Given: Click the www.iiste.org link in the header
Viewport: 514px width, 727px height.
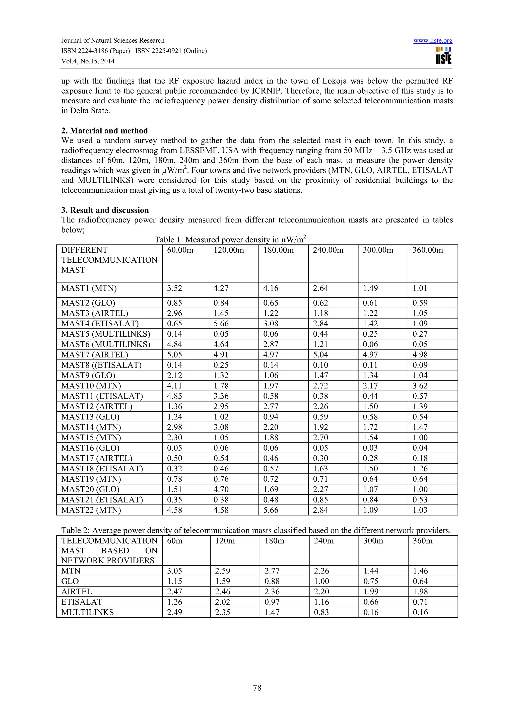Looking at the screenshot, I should [x=433, y=41].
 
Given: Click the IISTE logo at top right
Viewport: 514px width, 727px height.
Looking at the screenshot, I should [x=443, y=56].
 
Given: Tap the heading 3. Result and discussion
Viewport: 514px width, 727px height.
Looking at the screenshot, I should [x=105, y=210].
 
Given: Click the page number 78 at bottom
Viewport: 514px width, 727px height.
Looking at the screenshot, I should [x=257, y=688].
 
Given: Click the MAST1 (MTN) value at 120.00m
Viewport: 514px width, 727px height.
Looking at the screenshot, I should [x=221, y=288].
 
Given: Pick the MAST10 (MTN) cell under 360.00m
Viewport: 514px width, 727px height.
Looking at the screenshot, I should [x=420, y=386].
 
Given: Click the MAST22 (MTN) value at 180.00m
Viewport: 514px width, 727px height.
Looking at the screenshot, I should [x=271, y=510].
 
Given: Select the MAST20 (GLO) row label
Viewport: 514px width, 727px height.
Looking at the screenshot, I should [x=90, y=489].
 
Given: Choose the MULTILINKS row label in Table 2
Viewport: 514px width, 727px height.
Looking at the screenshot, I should [x=87, y=612].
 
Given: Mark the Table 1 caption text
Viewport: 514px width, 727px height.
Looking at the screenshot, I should [x=230, y=240].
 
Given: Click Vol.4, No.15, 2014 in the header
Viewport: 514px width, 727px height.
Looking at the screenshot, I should [x=88, y=61].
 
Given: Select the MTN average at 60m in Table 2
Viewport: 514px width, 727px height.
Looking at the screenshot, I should [x=174, y=571].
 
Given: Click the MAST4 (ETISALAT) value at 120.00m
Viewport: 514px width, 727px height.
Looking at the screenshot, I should [x=221, y=324].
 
